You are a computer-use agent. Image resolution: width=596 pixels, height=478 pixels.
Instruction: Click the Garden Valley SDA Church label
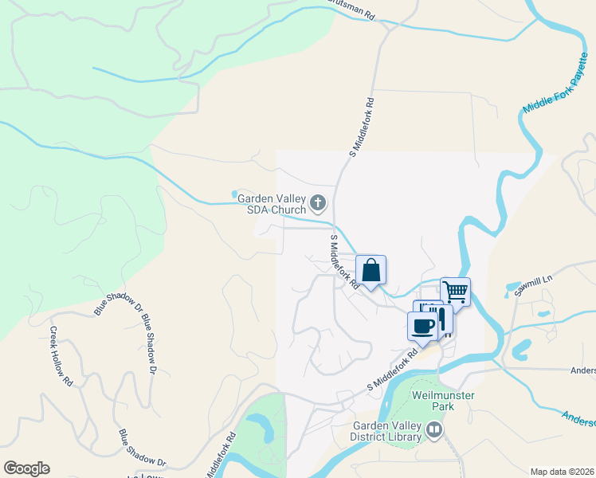pyautogui.click(x=267, y=205)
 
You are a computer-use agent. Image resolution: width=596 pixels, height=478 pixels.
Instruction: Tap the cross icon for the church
pyautogui.click(x=318, y=203)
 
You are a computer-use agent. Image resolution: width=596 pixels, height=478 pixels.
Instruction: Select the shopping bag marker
pyautogui.click(x=371, y=271)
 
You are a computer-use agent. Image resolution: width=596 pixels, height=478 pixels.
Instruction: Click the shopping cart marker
pyautogui.click(x=455, y=292)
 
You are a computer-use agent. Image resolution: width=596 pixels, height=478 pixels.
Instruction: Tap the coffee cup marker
pyautogui.click(x=423, y=325)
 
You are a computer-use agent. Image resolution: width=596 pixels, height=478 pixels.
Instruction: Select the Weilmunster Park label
pyautogui.click(x=432, y=401)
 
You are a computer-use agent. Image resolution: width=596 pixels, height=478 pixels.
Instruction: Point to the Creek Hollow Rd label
pyautogui.click(x=61, y=356)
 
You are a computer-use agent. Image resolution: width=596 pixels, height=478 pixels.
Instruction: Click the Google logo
pyautogui.click(x=27, y=468)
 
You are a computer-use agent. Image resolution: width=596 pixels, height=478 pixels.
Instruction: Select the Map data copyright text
pyautogui.click(x=563, y=472)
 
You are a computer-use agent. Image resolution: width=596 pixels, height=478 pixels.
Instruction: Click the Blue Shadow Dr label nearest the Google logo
pyautogui.click(x=142, y=449)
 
